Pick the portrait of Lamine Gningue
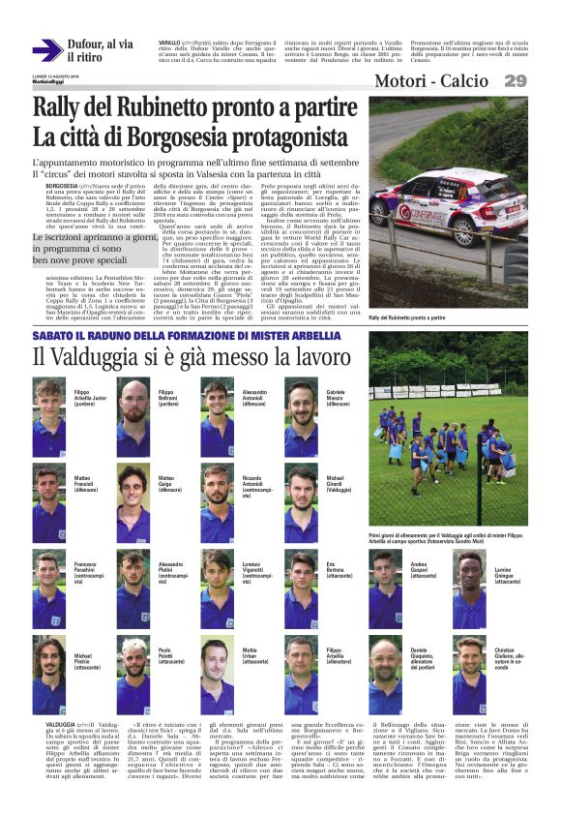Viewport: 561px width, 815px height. pyautogui.click(x=471, y=590)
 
